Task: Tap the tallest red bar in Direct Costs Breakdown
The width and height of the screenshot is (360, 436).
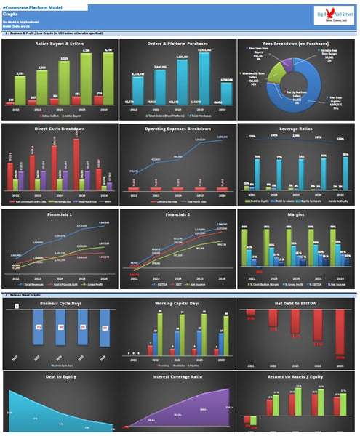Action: click(76, 163)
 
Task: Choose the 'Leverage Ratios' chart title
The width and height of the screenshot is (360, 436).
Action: click(297, 129)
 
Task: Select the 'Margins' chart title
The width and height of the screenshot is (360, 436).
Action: click(297, 215)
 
